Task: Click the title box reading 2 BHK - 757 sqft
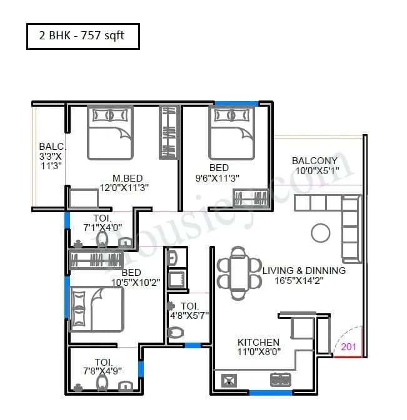tap(83, 36)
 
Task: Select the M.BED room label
tap(125, 177)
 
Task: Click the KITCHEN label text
tap(258, 342)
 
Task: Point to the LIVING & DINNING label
tap(304, 270)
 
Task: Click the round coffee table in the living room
tap(320, 233)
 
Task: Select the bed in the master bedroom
tap(109, 132)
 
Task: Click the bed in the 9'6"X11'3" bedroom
tap(231, 132)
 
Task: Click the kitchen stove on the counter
tap(278, 379)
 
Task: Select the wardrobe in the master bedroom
tap(169, 132)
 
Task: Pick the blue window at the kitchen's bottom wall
tap(270, 393)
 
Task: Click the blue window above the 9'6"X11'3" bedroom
tap(236, 103)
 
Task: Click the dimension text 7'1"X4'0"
tap(103, 228)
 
